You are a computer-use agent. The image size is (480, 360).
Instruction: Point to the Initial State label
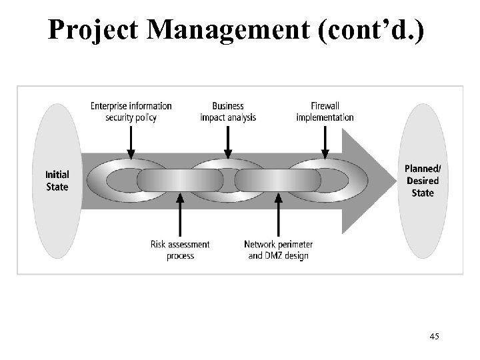point(57,181)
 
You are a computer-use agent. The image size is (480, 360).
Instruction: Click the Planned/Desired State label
point(423,181)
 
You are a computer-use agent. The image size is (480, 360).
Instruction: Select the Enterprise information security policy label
point(131,111)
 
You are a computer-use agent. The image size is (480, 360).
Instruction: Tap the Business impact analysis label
point(228,111)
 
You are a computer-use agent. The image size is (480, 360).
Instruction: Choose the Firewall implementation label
point(325,111)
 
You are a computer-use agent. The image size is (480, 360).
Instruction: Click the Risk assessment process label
point(180,250)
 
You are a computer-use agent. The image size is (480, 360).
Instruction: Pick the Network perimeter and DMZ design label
point(278,250)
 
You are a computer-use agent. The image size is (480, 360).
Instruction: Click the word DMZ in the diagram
point(275,255)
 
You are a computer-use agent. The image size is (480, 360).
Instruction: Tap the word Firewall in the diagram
point(325,106)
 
